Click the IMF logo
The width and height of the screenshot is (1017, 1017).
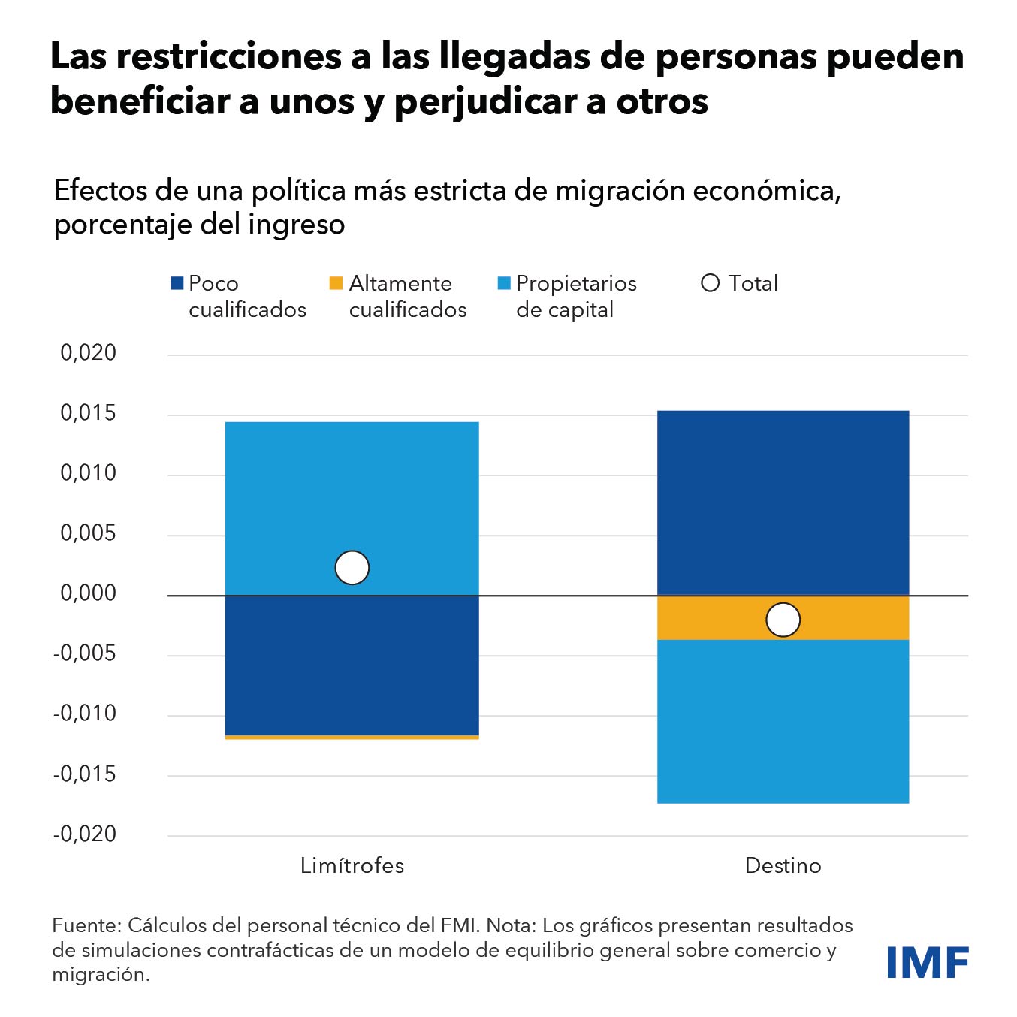pyautogui.click(x=927, y=962)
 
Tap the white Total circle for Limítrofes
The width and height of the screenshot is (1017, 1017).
pyautogui.click(x=352, y=568)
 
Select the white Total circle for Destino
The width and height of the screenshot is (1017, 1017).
pyautogui.click(x=783, y=620)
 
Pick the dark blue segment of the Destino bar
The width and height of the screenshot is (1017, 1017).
pyautogui.click(x=783, y=502)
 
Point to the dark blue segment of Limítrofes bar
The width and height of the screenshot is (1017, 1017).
pyautogui.click(x=352, y=665)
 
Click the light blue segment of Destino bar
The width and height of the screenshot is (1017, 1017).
pyautogui.click(x=783, y=721)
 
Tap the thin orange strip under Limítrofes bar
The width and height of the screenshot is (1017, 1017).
pyautogui.click(x=352, y=738)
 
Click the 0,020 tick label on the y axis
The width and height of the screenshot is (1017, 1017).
pyautogui.click(x=89, y=352)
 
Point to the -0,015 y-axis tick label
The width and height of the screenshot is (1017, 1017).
pyautogui.click(x=85, y=774)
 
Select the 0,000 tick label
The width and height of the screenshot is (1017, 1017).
pyautogui.click(x=89, y=593)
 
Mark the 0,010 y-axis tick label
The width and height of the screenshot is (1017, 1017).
pyautogui.click(x=89, y=473)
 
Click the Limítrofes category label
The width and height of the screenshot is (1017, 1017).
pyautogui.click(x=352, y=865)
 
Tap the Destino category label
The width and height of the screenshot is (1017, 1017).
pyautogui.click(x=783, y=865)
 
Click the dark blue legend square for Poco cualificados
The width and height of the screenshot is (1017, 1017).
pyautogui.click(x=177, y=283)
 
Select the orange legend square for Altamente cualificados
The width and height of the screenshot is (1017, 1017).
pyautogui.click(x=336, y=283)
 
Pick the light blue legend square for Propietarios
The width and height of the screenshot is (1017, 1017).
pyautogui.click(x=504, y=283)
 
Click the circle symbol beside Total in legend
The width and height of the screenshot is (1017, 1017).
pyautogui.click(x=710, y=283)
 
